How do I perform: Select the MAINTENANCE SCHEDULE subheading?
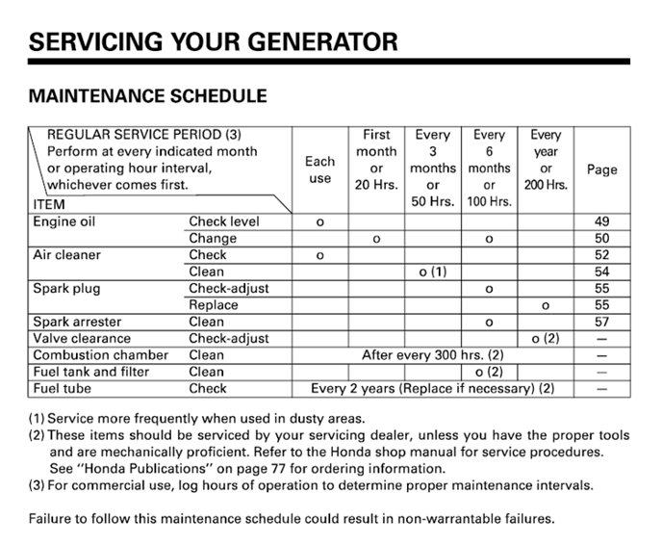coord(148,97)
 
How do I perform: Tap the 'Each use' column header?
coord(319,169)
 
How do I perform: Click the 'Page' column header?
coord(601,169)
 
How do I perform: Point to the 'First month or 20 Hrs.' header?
coord(376,160)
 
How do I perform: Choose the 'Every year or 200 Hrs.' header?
coord(546,160)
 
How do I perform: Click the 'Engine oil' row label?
coord(64,221)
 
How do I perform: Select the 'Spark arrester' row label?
coord(77,322)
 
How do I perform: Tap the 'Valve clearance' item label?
coord(82,338)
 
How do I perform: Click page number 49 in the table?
coord(602,221)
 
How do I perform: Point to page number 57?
coord(602,322)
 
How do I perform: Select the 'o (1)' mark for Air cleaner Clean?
coord(434,272)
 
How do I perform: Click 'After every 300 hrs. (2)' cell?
coord(433,355)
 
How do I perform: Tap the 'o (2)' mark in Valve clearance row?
coord(545,338)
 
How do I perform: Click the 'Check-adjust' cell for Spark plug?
coord(228,289)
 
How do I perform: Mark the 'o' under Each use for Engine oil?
coord(319,222)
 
